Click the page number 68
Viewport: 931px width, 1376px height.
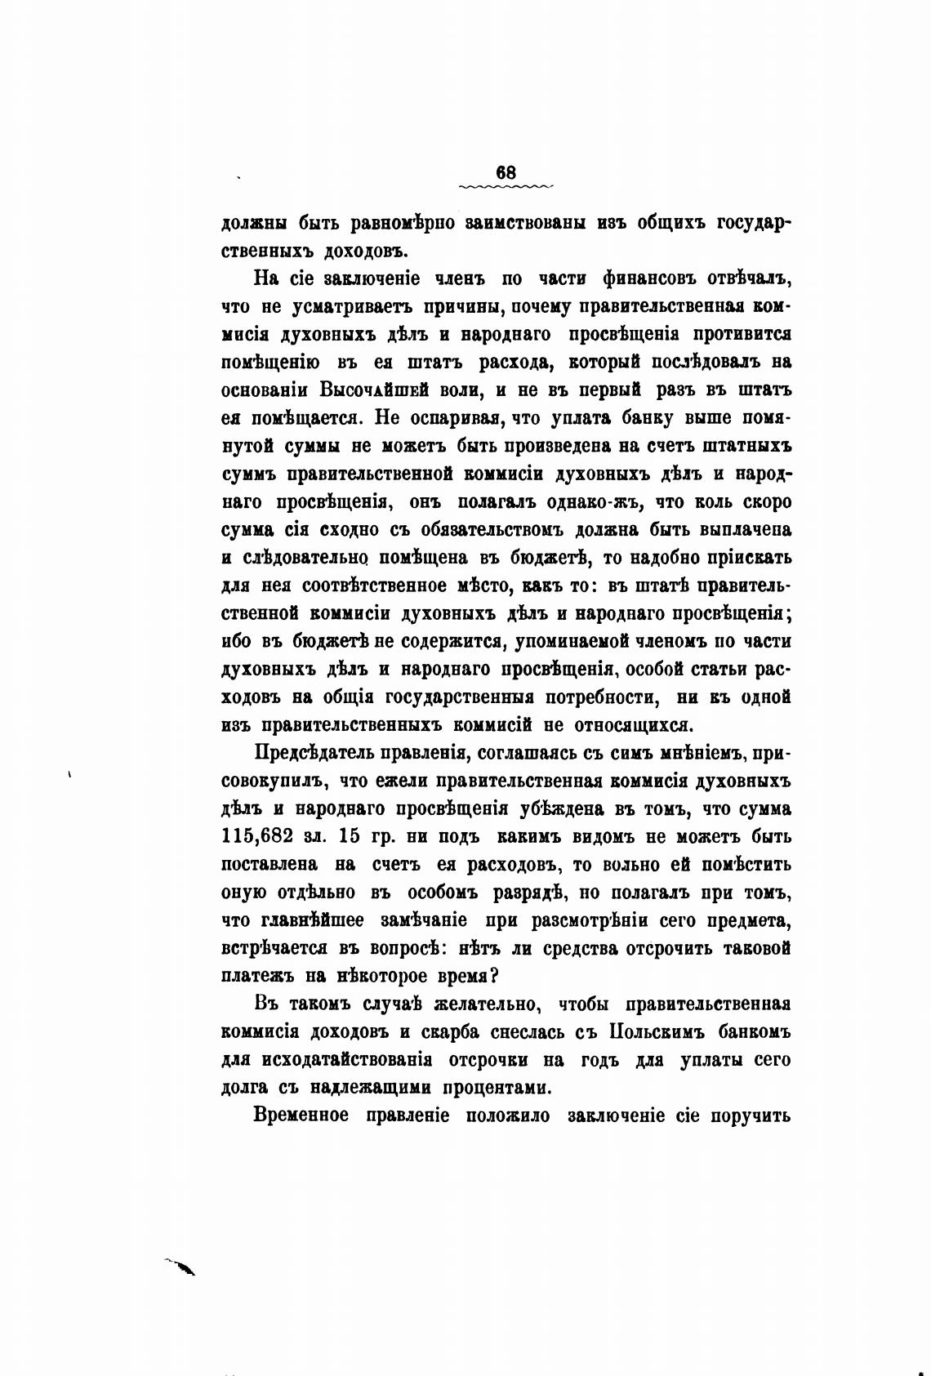click(506, 172)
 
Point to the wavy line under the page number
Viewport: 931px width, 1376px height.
click(506, 187)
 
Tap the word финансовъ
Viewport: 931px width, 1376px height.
click(657, 278)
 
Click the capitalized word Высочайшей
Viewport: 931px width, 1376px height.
click(395, 390)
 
